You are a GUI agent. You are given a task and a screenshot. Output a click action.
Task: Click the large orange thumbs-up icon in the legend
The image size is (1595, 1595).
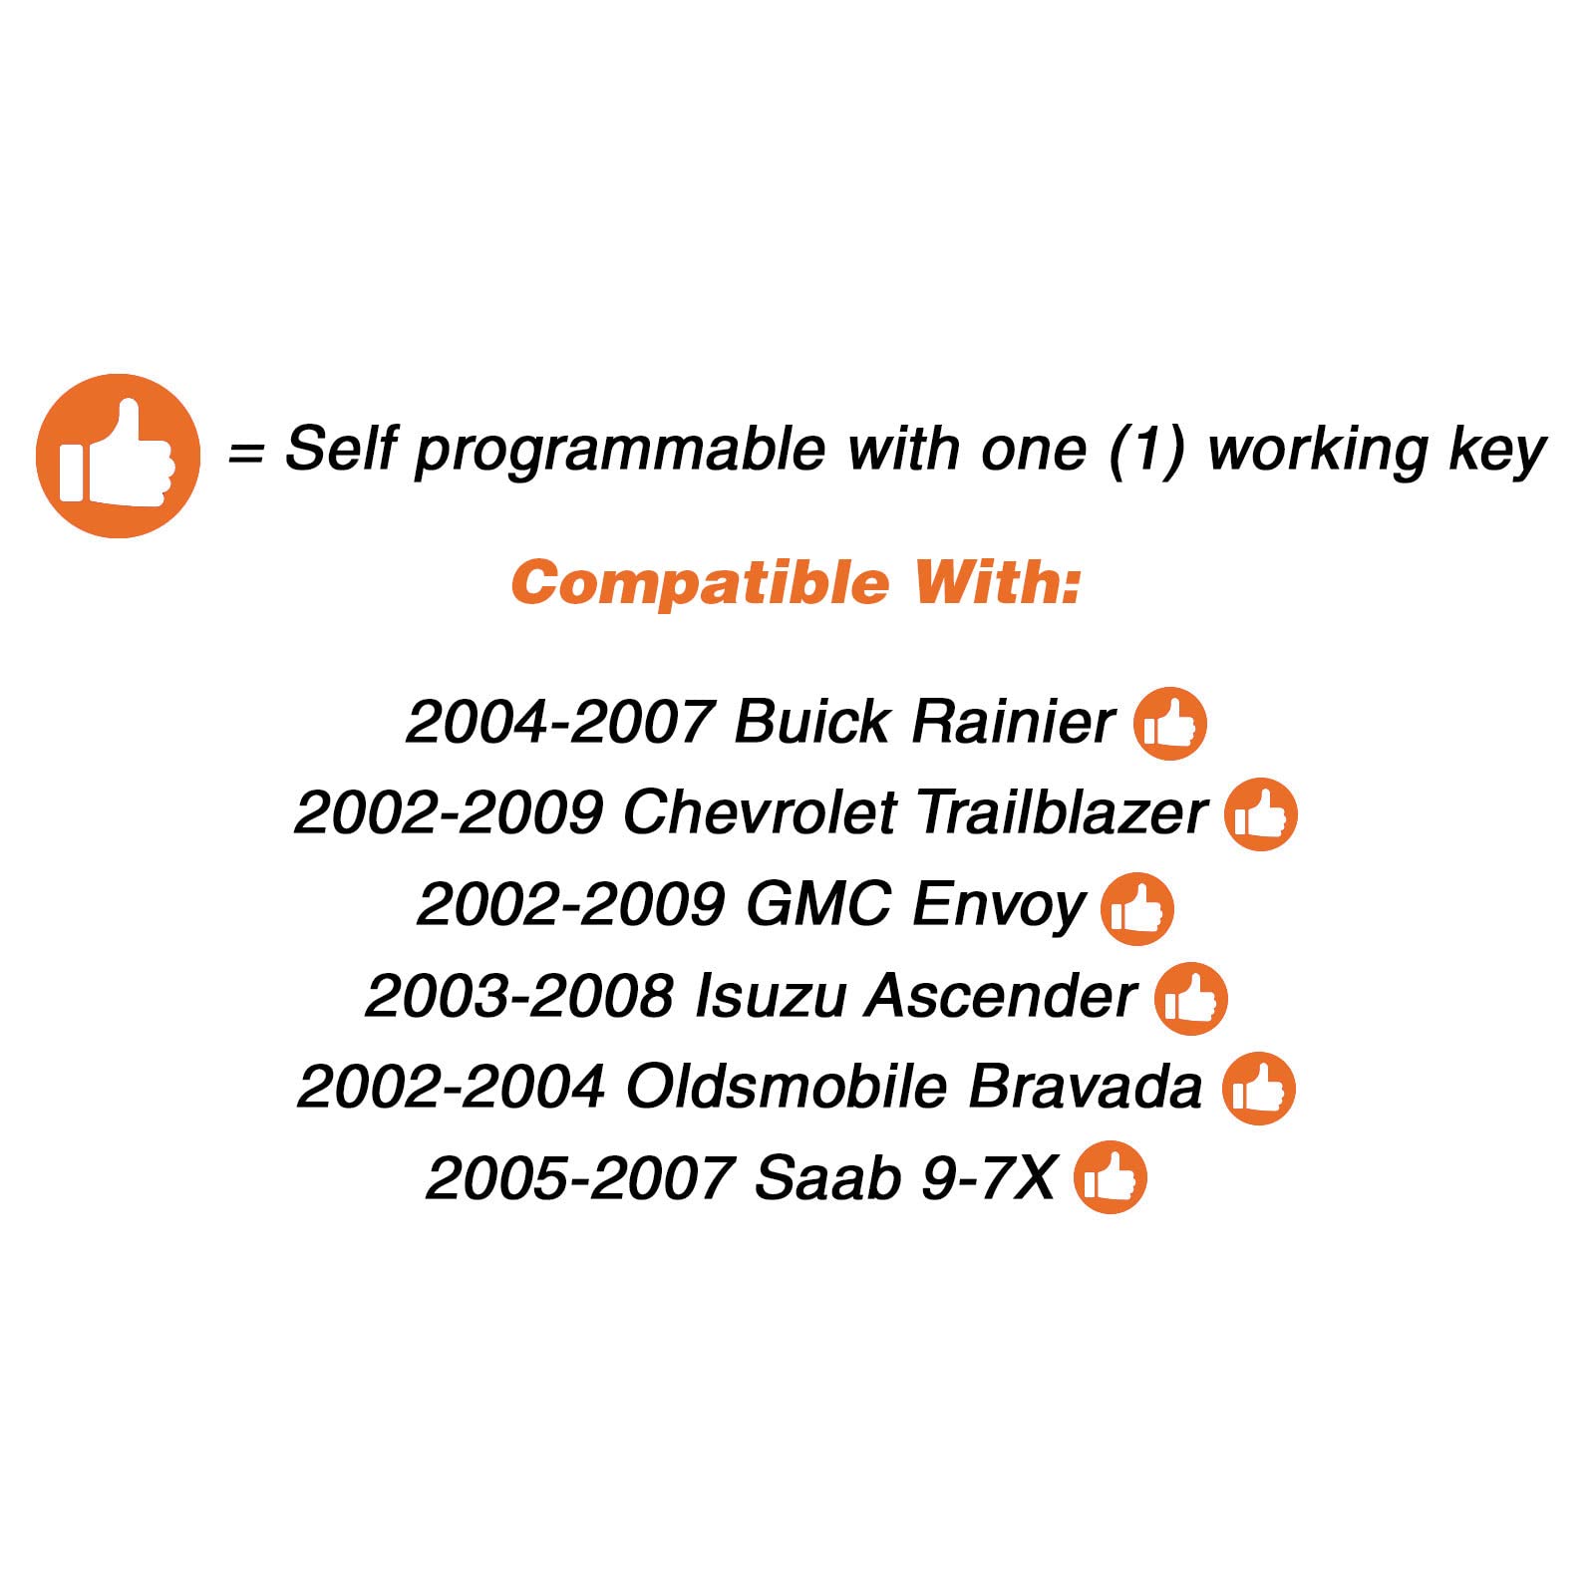(118, 456)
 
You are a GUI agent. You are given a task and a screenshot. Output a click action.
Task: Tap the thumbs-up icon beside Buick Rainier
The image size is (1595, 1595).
(1170, 724)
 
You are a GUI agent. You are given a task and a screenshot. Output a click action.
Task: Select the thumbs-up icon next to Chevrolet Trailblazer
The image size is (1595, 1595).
(1261, 814)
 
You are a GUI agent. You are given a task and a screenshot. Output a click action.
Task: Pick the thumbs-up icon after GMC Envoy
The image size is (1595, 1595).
(1137, 909)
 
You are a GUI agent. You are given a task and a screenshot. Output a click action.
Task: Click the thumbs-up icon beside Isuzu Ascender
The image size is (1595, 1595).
(1191, 999)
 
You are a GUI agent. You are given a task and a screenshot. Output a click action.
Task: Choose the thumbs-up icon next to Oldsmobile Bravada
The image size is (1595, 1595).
(1259, 1089)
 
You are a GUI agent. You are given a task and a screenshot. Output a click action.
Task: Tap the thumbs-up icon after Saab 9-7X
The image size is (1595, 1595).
(1111, 1177)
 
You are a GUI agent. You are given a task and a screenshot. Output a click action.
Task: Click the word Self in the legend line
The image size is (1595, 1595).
(341, 448)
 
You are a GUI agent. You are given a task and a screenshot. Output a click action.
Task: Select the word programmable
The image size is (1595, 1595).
(620, 452)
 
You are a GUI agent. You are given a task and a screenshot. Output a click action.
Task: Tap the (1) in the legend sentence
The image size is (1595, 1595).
(1147, 450)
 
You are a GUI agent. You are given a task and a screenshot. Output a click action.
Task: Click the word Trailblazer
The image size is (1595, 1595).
(1062, 812)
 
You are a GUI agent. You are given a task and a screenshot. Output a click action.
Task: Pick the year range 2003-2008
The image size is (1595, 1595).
(519, 996)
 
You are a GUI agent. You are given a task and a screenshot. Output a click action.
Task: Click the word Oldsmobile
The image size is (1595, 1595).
(786, 1087)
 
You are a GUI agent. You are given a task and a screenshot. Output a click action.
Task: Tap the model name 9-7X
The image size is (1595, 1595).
(988, 1178)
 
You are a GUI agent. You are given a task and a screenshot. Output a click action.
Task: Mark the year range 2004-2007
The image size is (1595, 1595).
(560, 722)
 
